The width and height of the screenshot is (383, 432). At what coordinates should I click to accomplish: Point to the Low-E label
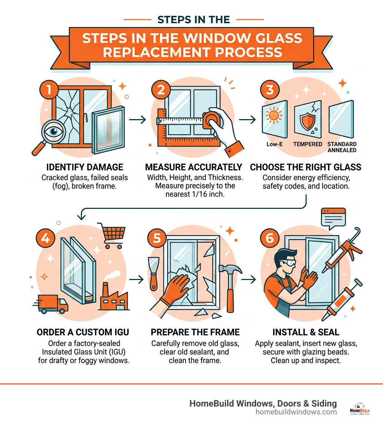coord(275,144)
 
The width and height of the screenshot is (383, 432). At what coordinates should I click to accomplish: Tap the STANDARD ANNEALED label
coord(341,147)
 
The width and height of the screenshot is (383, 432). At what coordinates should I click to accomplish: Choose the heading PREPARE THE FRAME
coord(195,332)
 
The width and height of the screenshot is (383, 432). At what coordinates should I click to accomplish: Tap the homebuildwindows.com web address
coord(296,412)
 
